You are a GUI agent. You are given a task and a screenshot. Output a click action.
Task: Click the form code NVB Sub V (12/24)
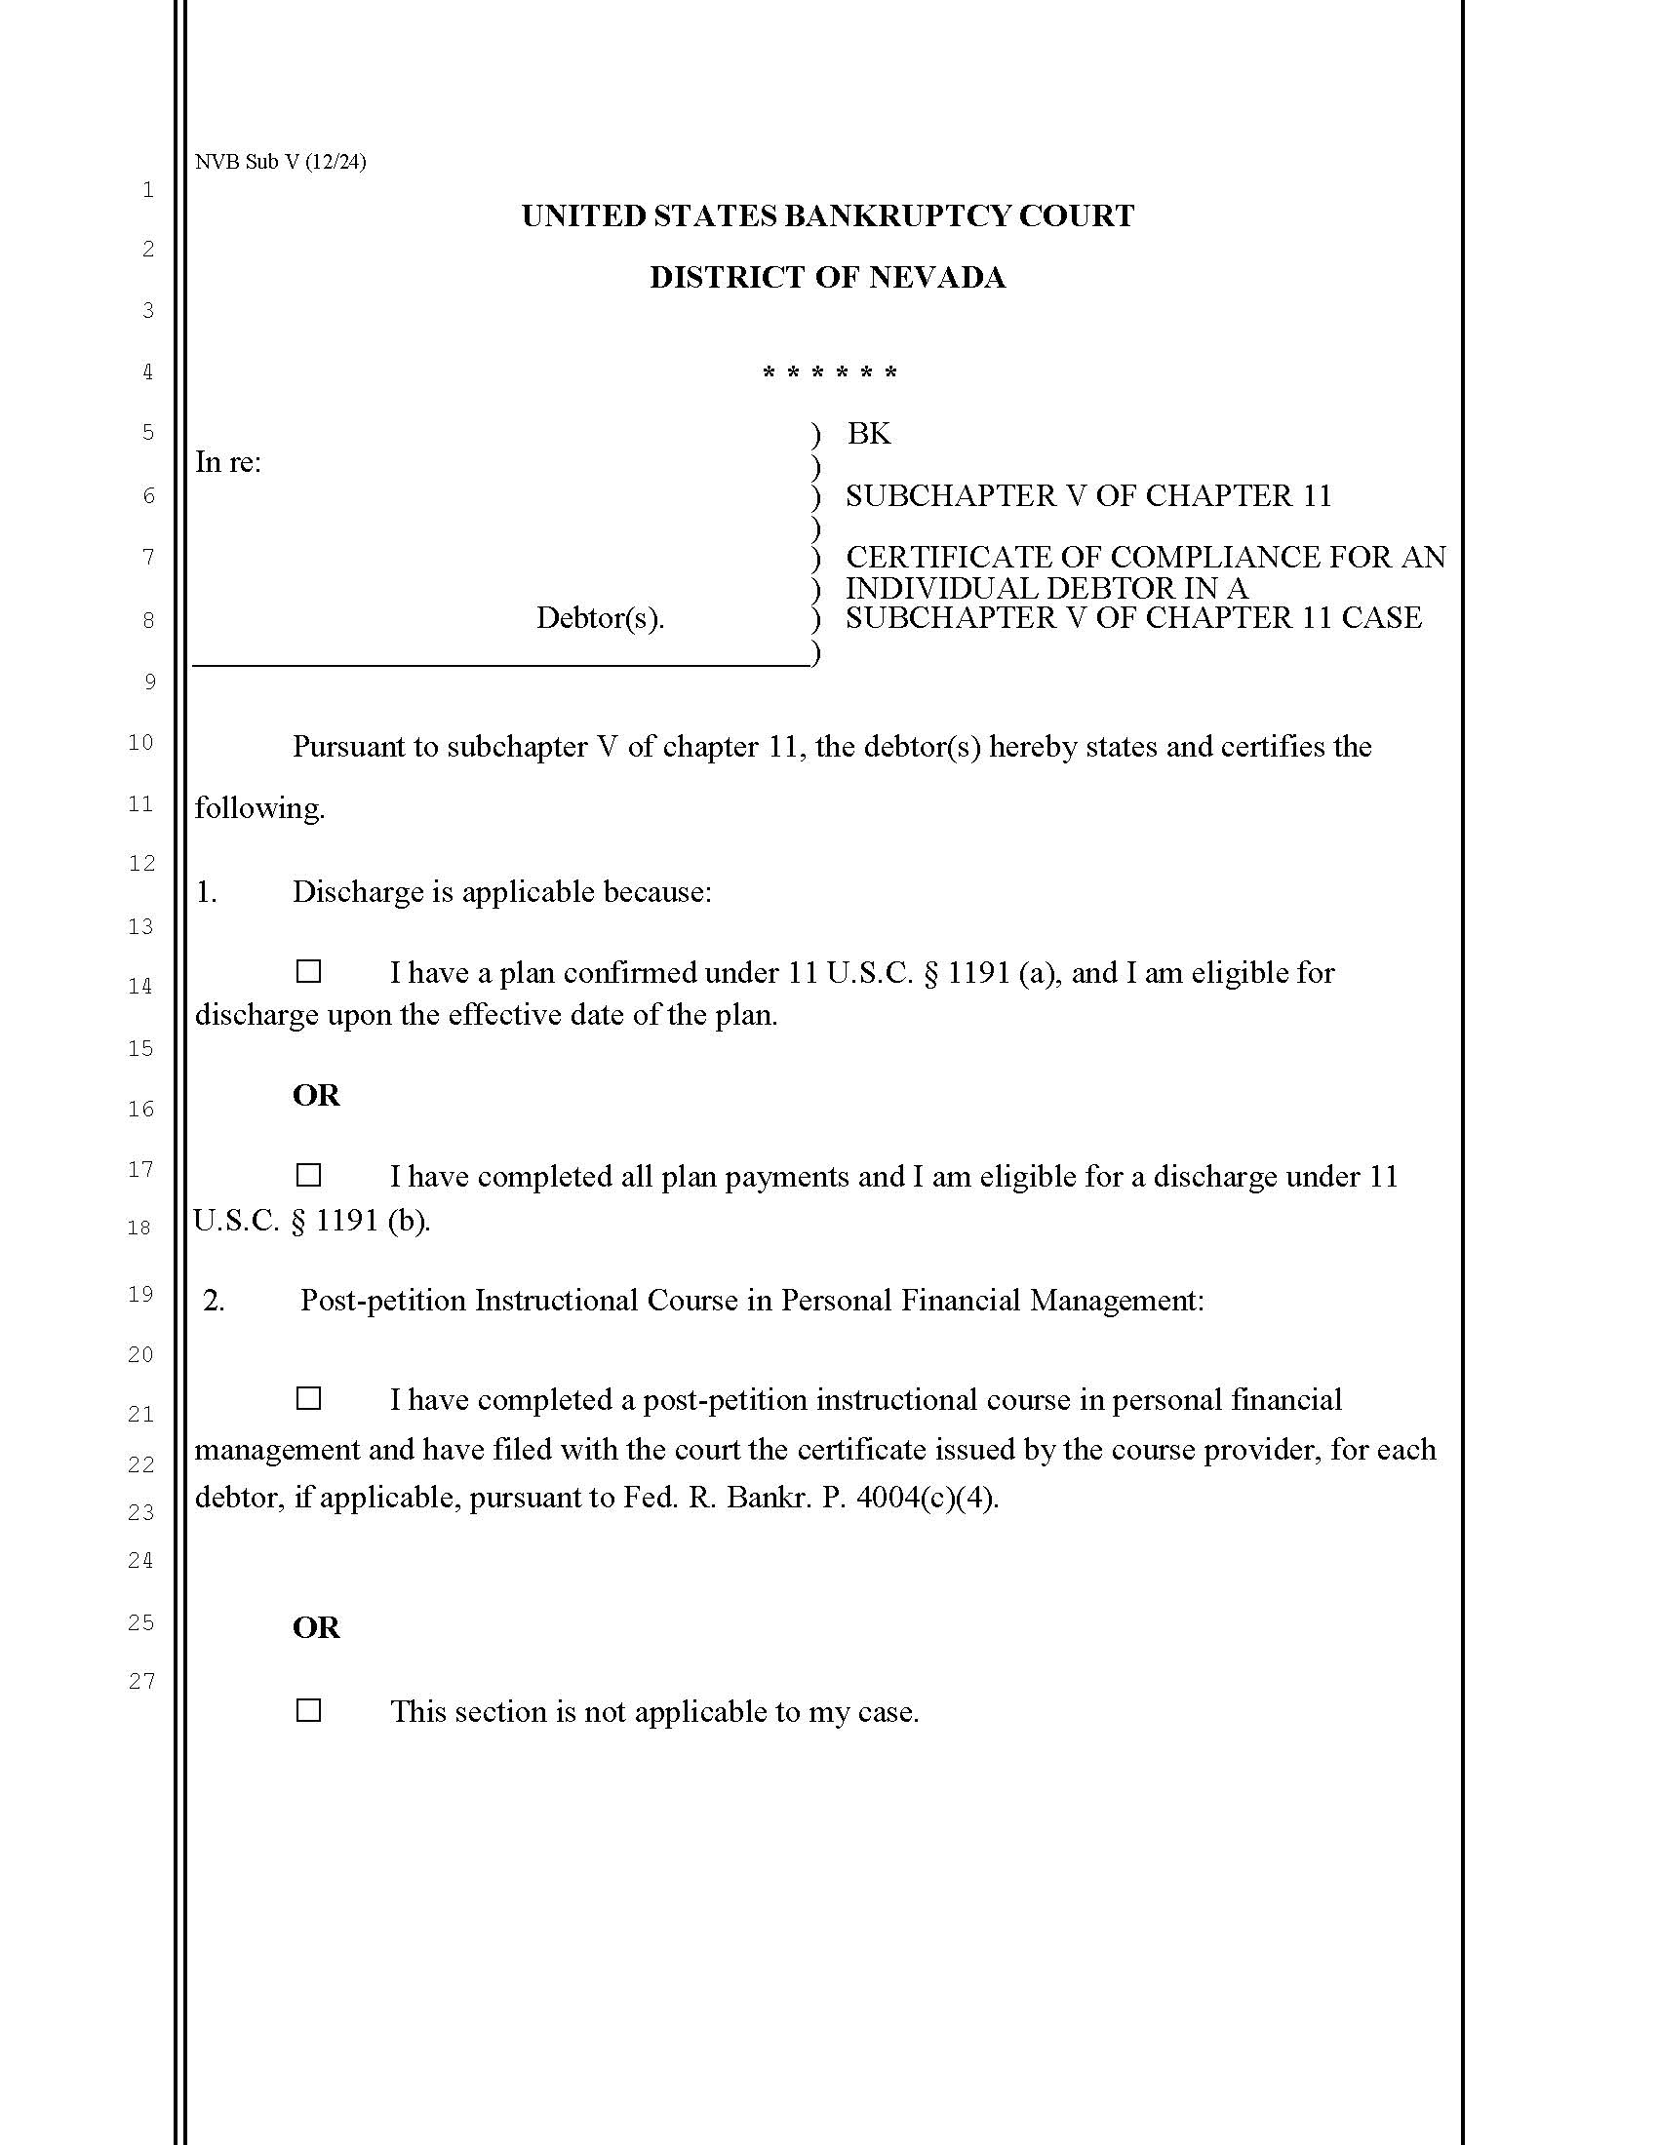pos(280,162)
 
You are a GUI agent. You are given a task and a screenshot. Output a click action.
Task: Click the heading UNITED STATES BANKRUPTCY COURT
pos(827,216)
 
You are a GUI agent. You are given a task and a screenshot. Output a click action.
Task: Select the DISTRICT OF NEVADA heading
pos(827,278)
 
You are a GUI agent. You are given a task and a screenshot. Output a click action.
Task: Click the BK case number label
pos(868,433)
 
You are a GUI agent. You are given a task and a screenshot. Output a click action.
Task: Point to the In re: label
pos(228,461)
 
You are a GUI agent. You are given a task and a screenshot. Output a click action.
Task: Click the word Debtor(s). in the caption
pos(600,618)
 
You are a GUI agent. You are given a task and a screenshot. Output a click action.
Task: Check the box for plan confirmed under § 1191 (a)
pos(308,971)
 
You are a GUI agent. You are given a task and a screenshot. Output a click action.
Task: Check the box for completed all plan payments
pos(308,1175)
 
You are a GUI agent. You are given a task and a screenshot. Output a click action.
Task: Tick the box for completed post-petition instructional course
pos(308,1397)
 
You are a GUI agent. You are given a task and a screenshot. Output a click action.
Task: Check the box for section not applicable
pos(308,1710)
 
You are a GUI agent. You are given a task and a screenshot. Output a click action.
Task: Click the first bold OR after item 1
pos(315,1095)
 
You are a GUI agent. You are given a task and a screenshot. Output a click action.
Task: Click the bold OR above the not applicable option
pos(315,1627)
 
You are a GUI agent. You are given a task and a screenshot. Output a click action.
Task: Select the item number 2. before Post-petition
pos(214,1301)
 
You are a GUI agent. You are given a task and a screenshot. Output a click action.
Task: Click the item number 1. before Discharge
pos(205,892)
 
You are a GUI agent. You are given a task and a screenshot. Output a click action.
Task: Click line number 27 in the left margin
pos(141,1681)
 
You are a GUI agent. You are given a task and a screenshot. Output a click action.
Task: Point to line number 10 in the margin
pos(141,743)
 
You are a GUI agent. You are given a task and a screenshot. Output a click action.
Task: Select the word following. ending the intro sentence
pos(259,808)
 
